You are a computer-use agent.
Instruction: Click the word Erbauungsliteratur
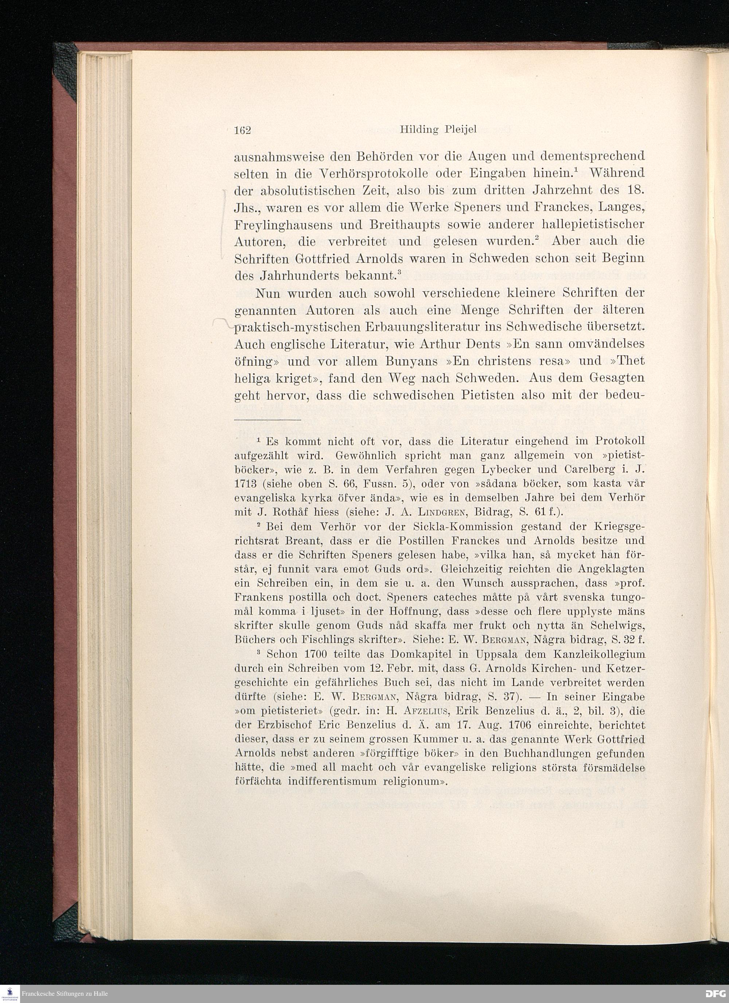(x=433, y=328)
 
